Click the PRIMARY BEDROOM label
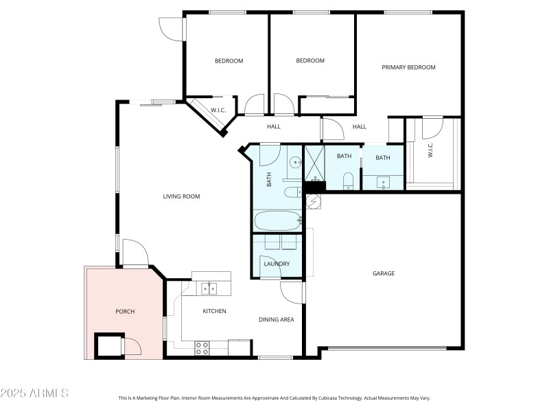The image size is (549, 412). click(x=408, y=67)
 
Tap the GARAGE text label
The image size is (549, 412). click(x=383, y=273)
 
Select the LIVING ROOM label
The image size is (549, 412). click(x=181, y=196)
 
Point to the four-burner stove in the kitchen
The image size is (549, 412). click(x=202, y=348)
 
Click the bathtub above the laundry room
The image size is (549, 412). click(x=277, y=222)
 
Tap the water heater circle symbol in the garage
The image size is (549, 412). click(x=314, y=201)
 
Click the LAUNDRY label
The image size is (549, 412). click(x=277, y=264)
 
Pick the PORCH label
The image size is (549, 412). click(x=124, y=312)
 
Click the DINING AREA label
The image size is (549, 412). click(x=277, y=319)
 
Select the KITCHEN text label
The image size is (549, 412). click(x=214, y=311)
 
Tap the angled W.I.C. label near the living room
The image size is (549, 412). click(x=218, y=110)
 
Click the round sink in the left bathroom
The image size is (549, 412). click(x=294, y=163)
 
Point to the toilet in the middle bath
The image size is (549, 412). click(x=347, y=181)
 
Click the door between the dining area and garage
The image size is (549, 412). click(x=293, y=293)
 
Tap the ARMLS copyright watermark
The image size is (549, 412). click(x=34, y=393)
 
